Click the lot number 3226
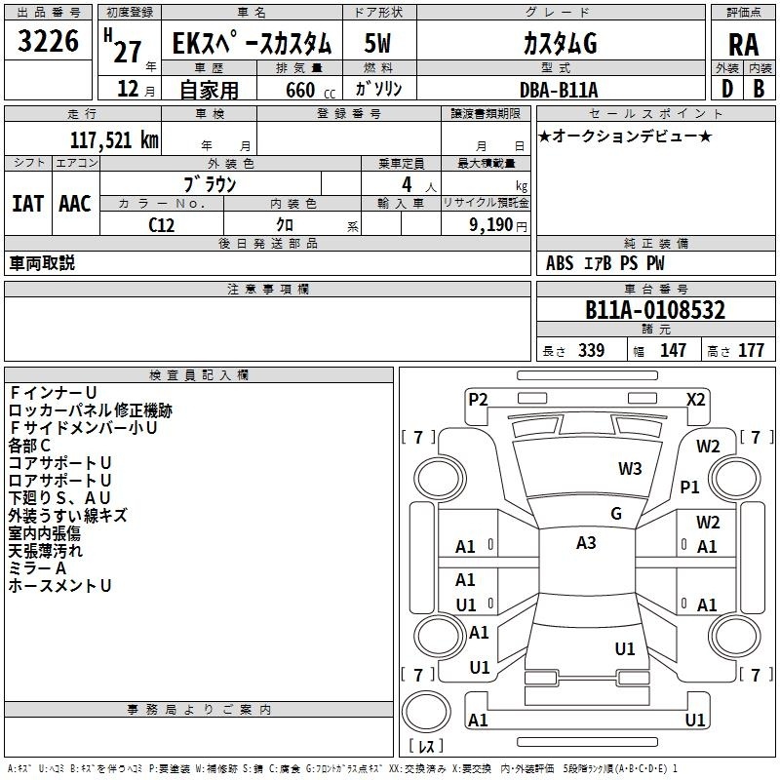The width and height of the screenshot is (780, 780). [48, 41]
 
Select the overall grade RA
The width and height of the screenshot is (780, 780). [744, 45]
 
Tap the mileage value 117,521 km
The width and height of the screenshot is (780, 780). [114, 139]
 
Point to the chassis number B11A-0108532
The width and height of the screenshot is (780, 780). [655, 310]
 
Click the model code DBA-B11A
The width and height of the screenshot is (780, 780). [559, 90]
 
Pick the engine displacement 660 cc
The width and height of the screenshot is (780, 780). [310, 91]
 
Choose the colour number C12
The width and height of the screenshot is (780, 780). [161, 225]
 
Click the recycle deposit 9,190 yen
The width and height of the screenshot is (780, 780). [497, 225]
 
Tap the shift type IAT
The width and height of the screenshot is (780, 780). [27, 204]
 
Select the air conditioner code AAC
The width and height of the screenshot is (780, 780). [75, 204]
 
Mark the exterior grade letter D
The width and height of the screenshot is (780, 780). [727, 89]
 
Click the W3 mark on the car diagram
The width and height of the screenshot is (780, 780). [630, 468]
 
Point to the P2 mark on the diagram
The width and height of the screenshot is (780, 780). [478, 400]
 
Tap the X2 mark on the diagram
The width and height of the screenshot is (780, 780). [695, 400]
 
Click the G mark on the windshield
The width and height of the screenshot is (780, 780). [616, 514]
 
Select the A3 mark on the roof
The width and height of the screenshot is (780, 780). [586, 543]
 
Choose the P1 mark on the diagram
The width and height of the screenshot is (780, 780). [689, 487]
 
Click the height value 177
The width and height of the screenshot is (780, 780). [751, 350]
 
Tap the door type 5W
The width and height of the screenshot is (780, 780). [377, 43]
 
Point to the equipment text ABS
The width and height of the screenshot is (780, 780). [560, 263]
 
